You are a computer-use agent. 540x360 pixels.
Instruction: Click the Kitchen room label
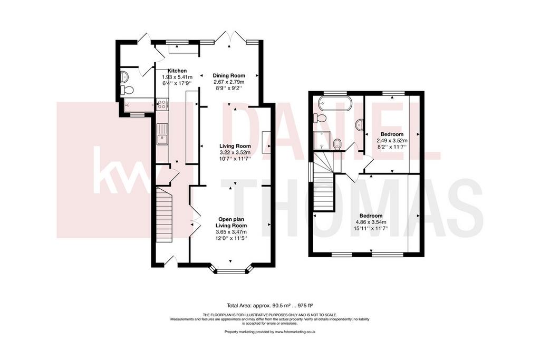[177, 71]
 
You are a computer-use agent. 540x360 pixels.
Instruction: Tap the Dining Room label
[229, 76]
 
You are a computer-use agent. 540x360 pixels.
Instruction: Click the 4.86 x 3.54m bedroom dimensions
[371, 222]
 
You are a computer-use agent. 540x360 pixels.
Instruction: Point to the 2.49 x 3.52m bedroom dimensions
[392, 140]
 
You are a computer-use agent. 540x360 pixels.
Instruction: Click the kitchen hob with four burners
[162, 105]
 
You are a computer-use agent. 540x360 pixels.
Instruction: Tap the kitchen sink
[162, 134]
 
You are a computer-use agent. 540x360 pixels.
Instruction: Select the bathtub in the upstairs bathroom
[334, 103]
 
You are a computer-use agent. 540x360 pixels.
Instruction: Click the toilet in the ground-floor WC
[128, 90]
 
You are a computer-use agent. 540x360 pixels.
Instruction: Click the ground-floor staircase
[165, 214]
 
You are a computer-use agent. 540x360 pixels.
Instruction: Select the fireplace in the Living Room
[266, 142]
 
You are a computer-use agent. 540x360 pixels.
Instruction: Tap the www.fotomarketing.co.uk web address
[295, 332]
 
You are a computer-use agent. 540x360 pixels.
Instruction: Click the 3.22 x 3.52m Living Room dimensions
[235, 152]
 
